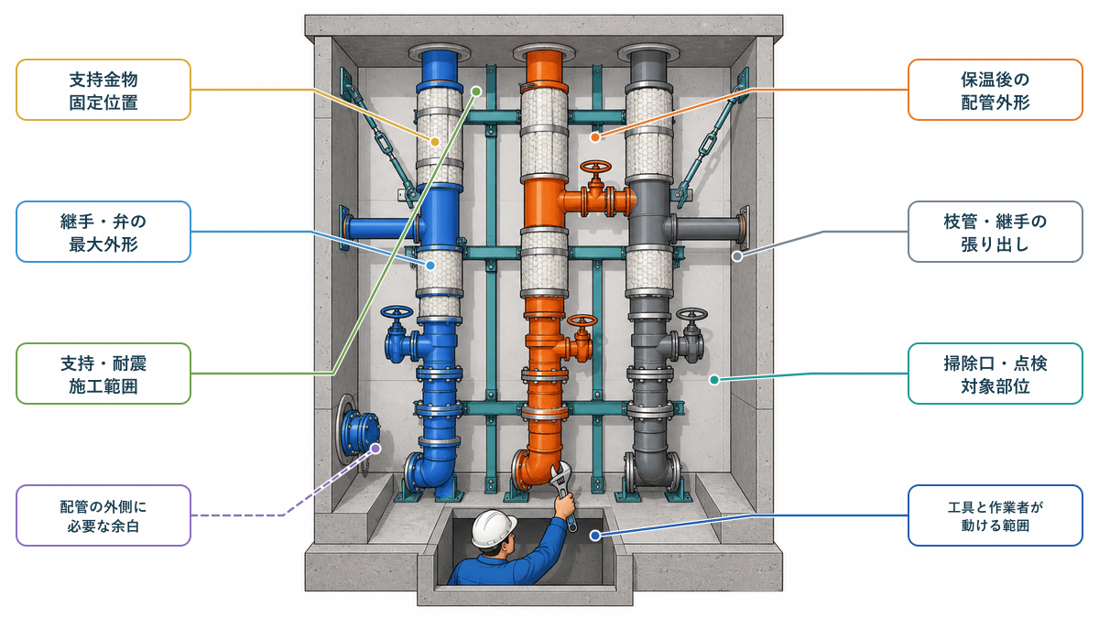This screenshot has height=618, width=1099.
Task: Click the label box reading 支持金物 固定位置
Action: point(103,90)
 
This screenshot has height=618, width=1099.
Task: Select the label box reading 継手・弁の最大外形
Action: point(103,232)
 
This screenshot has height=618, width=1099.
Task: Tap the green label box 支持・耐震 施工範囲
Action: point(103,374)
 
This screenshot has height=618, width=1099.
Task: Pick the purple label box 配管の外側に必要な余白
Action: point(103,515)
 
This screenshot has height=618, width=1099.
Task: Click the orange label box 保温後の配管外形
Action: point(995,90)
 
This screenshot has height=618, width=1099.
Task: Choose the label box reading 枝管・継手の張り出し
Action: point(995,232)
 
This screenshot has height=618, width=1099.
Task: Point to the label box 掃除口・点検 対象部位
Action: point(995,374)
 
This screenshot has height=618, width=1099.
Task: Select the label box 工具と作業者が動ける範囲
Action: point(995,515)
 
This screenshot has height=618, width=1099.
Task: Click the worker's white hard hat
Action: point(493,527)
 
